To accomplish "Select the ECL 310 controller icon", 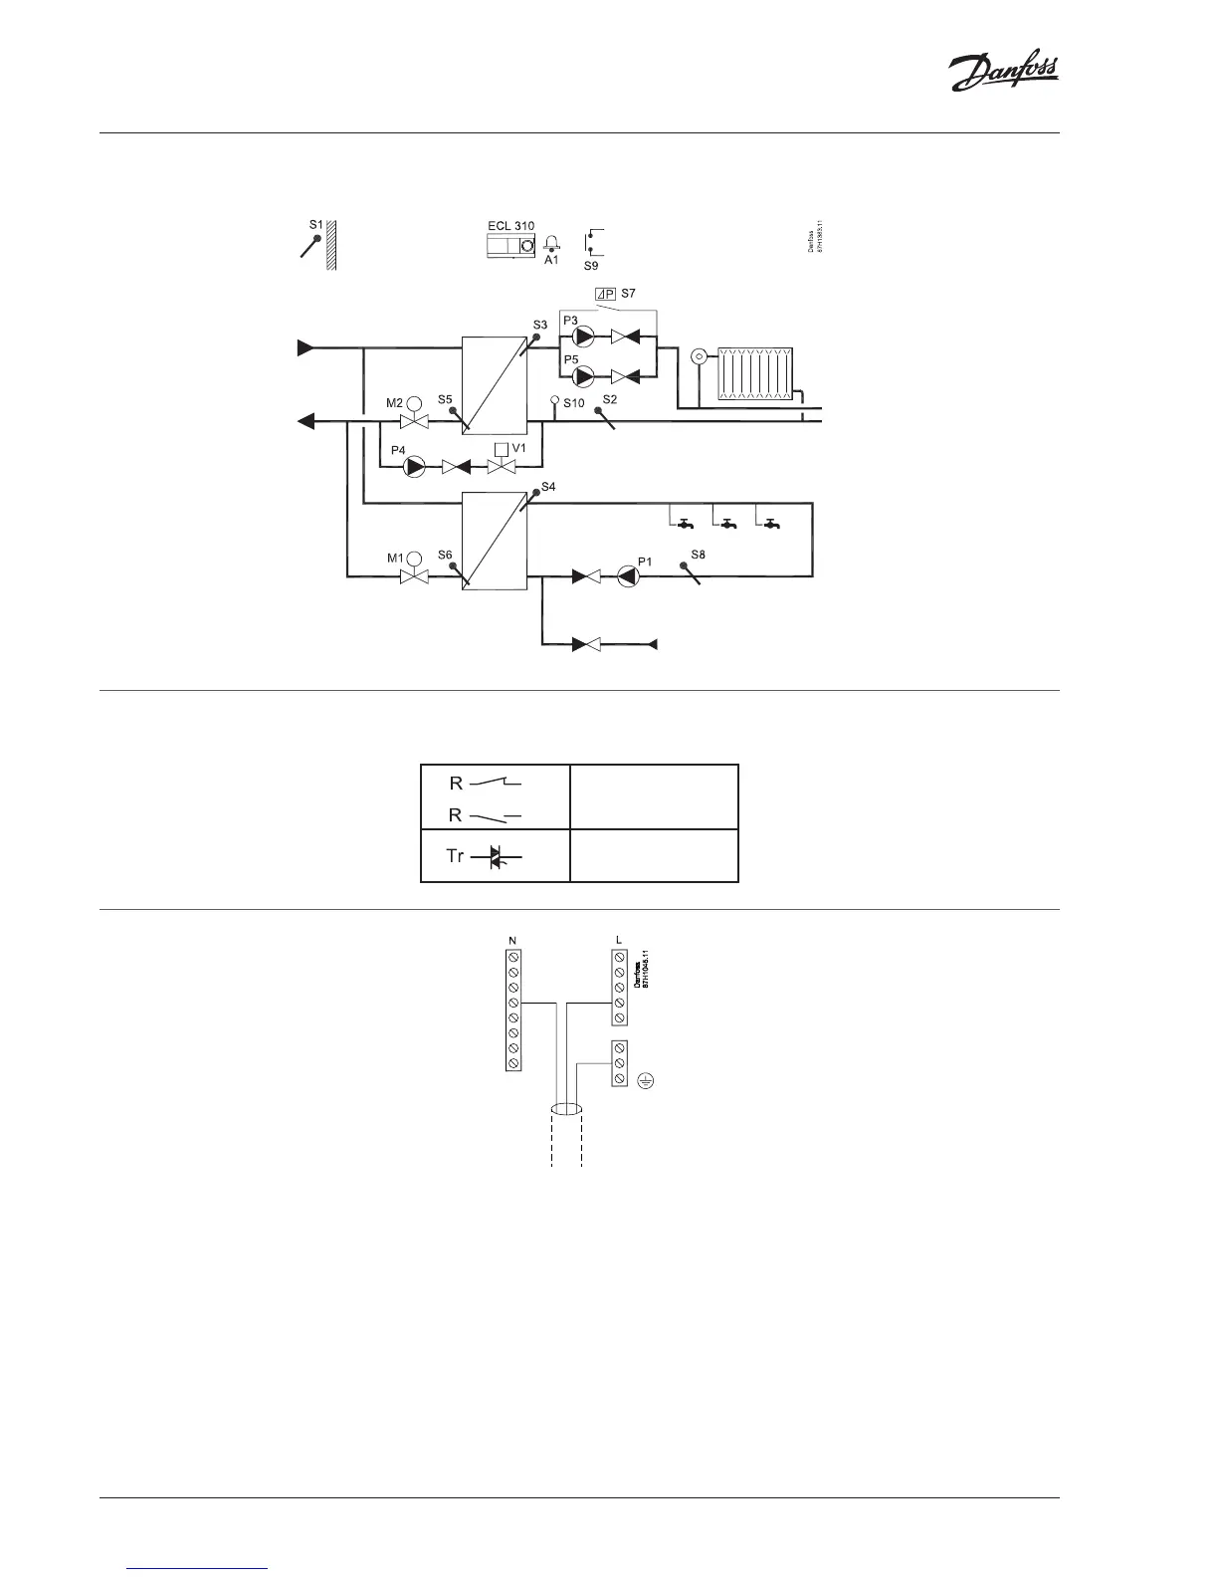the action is point(511,246).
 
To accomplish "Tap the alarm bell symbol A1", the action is point(551,245).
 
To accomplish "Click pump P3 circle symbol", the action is point(585,338).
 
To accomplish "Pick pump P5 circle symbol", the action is point(585,376).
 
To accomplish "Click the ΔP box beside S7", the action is point(604,295).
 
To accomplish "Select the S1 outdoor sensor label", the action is point(315,225).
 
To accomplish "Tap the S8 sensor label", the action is point(698,554).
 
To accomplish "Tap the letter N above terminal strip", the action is point(511,940).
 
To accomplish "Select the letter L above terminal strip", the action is point(619,940).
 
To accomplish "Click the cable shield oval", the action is point(566,1109).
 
